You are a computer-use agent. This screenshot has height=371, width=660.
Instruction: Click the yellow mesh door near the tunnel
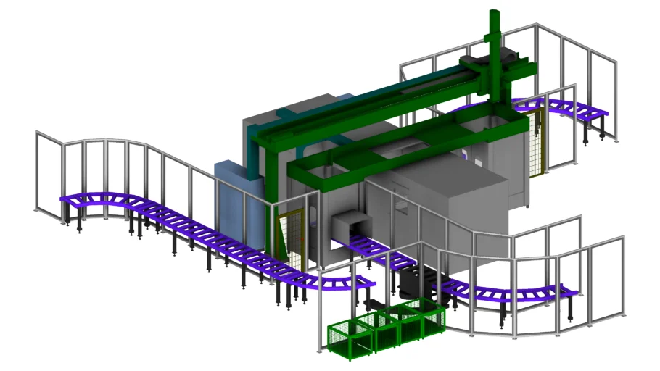[x=294, y=236]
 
